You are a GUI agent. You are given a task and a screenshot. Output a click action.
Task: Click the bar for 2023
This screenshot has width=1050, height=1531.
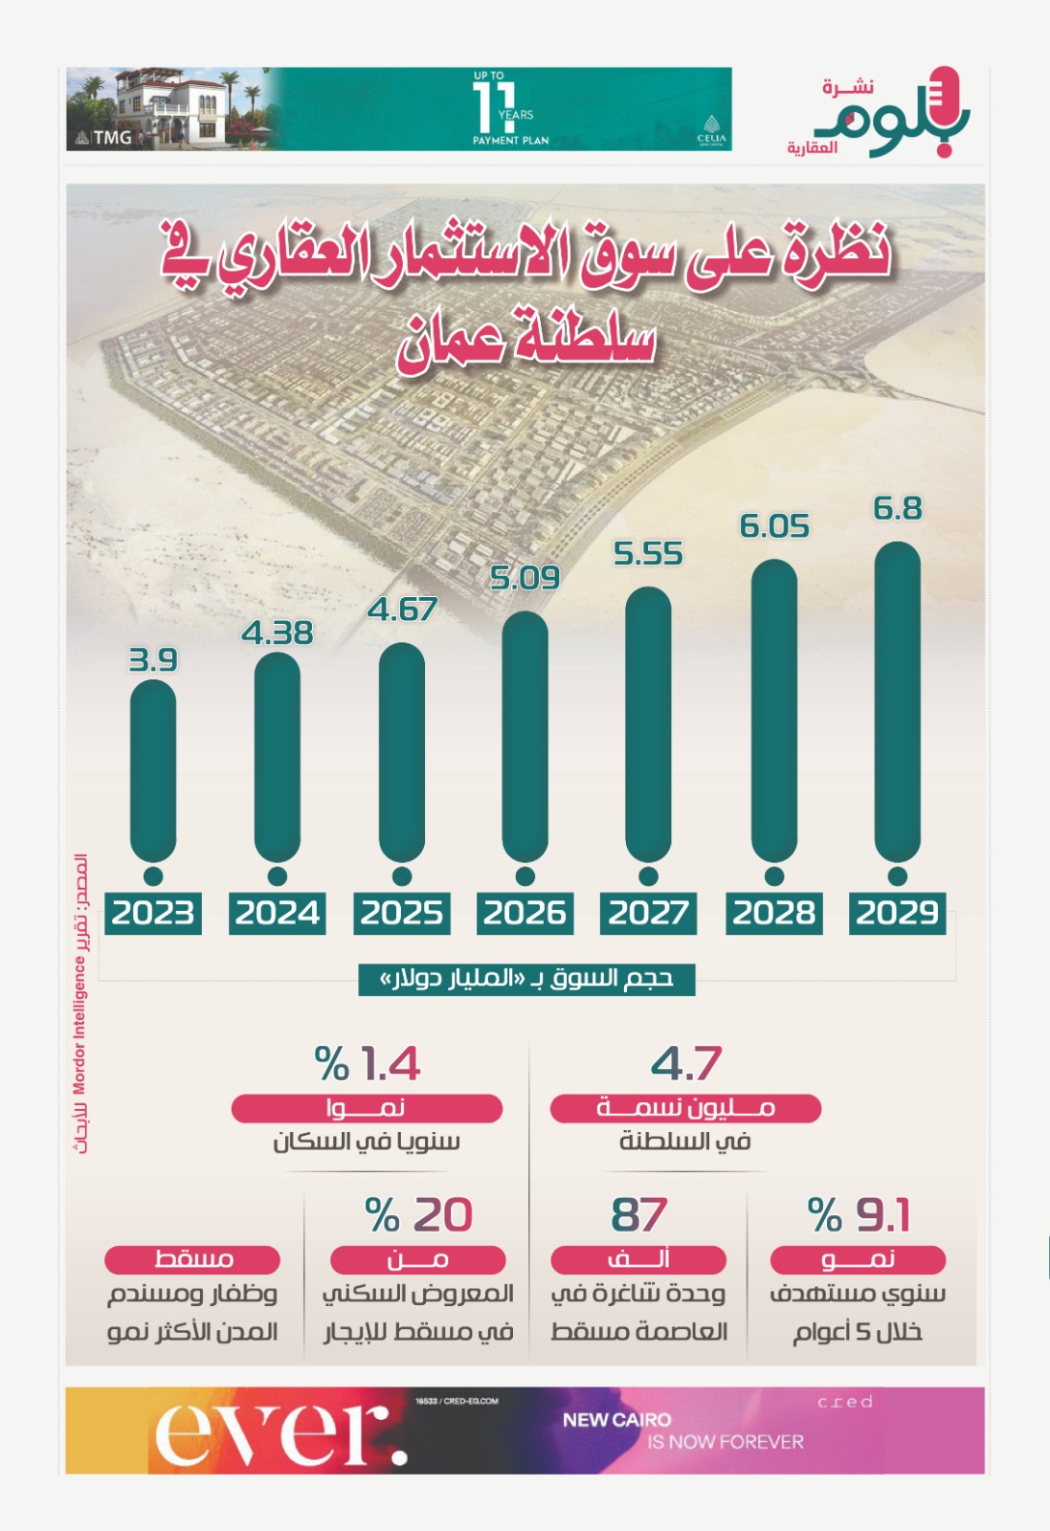pos(153,770)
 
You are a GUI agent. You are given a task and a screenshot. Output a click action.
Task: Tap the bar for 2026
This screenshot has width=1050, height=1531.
pos(525,736)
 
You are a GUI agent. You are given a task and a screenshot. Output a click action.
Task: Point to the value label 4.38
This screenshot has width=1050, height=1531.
pos(278,632)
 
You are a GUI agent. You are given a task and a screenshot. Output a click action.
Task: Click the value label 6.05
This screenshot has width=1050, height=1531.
pos(774,526)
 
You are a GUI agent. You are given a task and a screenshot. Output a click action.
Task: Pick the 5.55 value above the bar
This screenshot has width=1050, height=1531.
pos(648,553)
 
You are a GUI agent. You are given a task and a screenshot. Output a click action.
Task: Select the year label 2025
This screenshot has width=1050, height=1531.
pos(401,913)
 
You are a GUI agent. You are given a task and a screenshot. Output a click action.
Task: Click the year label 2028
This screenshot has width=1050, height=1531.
pos(773,913)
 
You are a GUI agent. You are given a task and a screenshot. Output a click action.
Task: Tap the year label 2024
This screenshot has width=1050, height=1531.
pos(278,913)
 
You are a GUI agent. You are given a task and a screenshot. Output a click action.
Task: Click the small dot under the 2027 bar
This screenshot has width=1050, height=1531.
pos(648,876)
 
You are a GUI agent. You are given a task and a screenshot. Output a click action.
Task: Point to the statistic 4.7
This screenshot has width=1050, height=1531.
pos(685,1064)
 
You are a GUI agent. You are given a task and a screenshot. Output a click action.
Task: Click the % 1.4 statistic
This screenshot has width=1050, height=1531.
pos(368,1064)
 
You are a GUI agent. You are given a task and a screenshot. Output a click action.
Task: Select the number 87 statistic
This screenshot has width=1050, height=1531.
pos(638,1215)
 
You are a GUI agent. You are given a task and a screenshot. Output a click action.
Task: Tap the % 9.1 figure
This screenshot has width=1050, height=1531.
pos(859,1215)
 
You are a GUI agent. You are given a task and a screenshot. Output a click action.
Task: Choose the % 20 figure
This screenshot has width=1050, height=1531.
pos(419,1215)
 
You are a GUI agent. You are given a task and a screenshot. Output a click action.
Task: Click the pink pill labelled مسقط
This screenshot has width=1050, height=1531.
pos(192,1259)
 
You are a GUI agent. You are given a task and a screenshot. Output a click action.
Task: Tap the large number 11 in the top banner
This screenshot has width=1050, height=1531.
pos(494,107)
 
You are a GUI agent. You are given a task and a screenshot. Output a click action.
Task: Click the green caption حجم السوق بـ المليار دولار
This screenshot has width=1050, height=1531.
pos(526,979)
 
